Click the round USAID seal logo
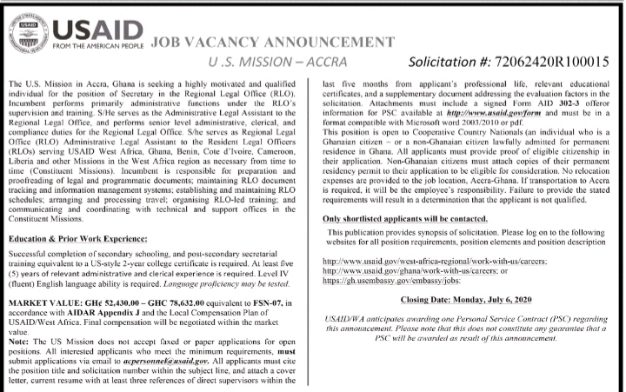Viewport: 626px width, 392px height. coord(30,27)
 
